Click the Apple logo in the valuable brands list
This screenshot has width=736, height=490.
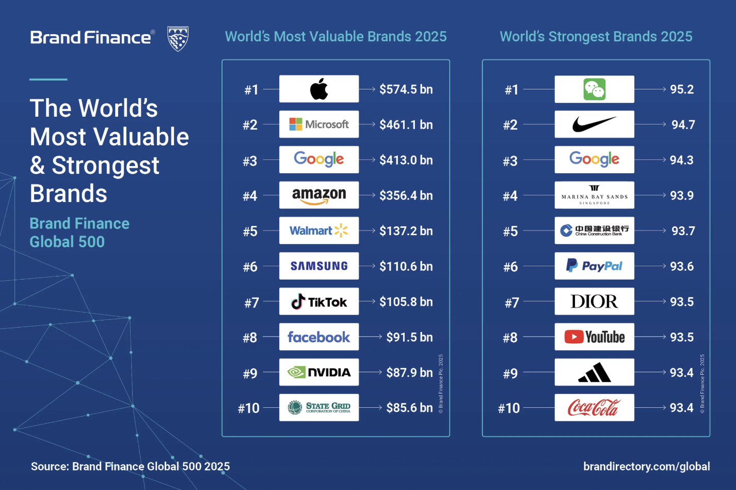coord(319,89)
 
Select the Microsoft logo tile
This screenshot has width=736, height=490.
coord(319,124)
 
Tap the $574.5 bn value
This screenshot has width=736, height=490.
coord(406,89)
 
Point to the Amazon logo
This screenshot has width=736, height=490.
coord(319,195)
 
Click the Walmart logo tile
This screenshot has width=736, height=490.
coord(319,231)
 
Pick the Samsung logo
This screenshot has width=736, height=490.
coord(319,266)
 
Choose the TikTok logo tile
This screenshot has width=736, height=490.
coord(319,302)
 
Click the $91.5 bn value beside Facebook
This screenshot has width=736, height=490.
coord(409,337)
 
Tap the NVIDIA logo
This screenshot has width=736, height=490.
coord(319,372)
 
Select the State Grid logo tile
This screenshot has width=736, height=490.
coord(319,408)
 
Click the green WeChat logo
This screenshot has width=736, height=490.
coord(594,89)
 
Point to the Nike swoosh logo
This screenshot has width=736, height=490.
coord(594,124)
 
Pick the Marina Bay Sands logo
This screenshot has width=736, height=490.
coord(594,195)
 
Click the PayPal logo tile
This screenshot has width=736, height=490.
coord(594,266)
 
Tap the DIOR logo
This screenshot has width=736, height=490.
coord(594,301)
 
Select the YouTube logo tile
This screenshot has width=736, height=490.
coord(594,337)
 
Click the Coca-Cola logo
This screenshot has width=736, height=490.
coord(594,408)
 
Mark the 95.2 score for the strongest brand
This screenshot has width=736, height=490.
coord(682,89)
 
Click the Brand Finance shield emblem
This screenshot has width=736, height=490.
coord(178,38)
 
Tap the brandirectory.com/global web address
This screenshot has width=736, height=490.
coord(647,466)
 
